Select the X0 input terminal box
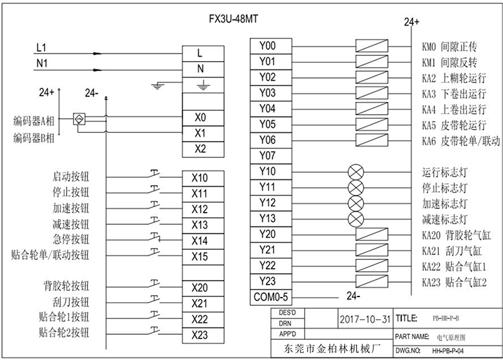pyautogui.click(x=199, y=117)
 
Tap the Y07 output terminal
pyautogui.click(x=267, y=155)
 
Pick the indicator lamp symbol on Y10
pyautogui.click(x=356, y=171)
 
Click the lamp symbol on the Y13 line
pyautogui.click(x=356, y=218)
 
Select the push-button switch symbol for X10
pyautogui.click(x=155, y=174)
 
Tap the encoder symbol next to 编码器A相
pyautogui.click(x=80, y=118)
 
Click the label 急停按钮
pyautogui.click(x=71, y=239)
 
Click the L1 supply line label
pyautogui.click(x=42, y=48)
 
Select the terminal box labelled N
pyautogui.click(x=199, y=69)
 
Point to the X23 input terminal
pyautogui.click(x=199, y=334)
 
